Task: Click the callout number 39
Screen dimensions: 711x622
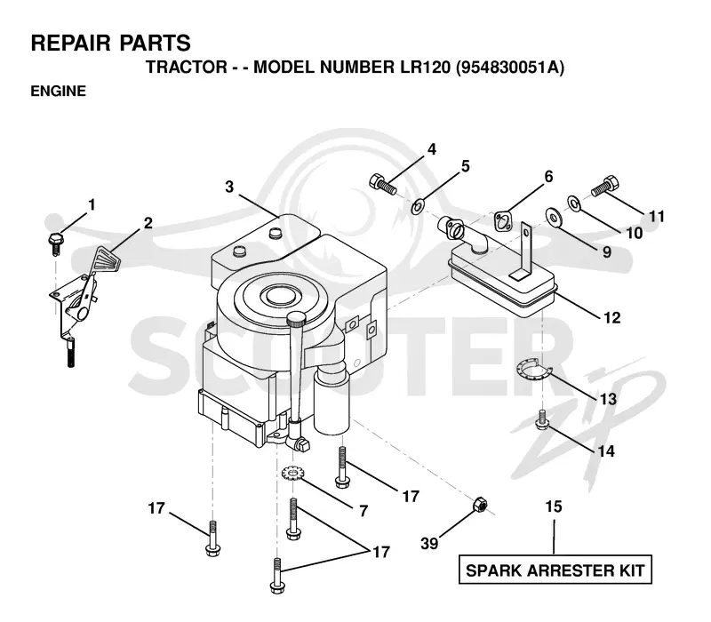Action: (x=429, y=543)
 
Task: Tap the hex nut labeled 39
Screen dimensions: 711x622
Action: (x=480, y=505)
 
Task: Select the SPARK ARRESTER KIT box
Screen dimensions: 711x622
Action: (x=555, y=570)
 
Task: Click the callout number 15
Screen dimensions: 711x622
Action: (x=554, y=506)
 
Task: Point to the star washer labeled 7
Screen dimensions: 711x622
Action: (x=292, y=474)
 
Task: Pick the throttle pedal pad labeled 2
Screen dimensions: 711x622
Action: (x=107, y=259)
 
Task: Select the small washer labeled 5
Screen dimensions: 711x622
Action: (x=417, y=207)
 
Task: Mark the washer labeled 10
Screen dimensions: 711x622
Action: (x=574, y=203)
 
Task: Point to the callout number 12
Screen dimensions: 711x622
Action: (x=611, y=317)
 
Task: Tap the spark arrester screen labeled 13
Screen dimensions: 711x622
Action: (x=533, y=368)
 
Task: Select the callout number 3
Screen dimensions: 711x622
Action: (x=229, y=187)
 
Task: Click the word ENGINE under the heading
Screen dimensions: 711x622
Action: (x=58, y=92)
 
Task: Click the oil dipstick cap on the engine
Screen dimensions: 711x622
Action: (x=297, y=319)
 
